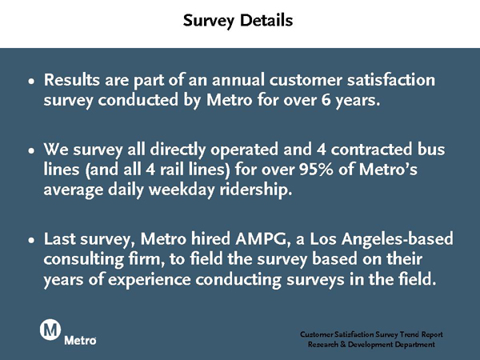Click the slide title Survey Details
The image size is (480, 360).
238,21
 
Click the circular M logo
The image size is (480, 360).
50,330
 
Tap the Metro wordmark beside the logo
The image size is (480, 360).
80,341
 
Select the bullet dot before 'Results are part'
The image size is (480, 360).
31,82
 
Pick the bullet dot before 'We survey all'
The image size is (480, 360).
31,151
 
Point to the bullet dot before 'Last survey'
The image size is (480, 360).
31,241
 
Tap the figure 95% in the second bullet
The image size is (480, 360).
316,169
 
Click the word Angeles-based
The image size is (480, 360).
398,239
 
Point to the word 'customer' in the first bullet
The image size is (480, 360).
306,80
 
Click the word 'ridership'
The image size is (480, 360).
256,190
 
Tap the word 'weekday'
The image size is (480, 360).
182,190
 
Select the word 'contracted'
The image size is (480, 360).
371,150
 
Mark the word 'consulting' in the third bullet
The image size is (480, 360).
83,259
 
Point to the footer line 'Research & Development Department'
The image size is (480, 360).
371,345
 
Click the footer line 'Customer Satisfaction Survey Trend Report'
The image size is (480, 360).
371,334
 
